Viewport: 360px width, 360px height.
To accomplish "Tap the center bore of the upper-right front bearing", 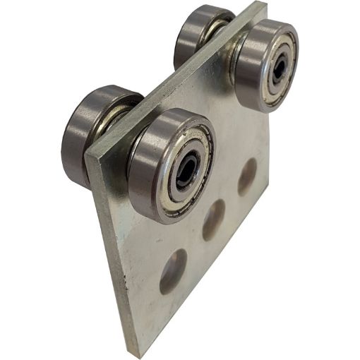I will click(x=280, y=67).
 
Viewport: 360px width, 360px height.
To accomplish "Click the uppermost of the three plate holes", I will click(x=247, y=176).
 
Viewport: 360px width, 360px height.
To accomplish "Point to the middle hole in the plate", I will click(x=213, y=219).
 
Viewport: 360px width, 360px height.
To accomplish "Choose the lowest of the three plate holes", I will click(x=173, y=270).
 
